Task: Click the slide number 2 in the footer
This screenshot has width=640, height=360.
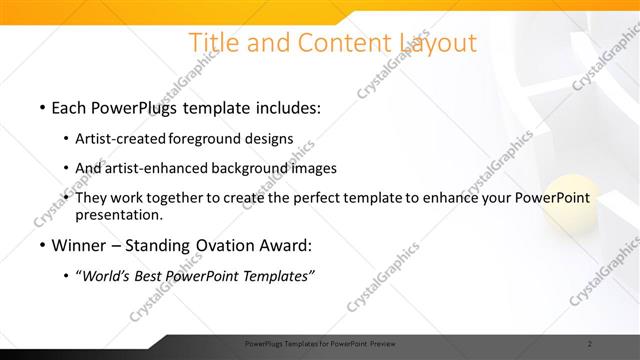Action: pyautogui.click(x=590, y=345)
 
